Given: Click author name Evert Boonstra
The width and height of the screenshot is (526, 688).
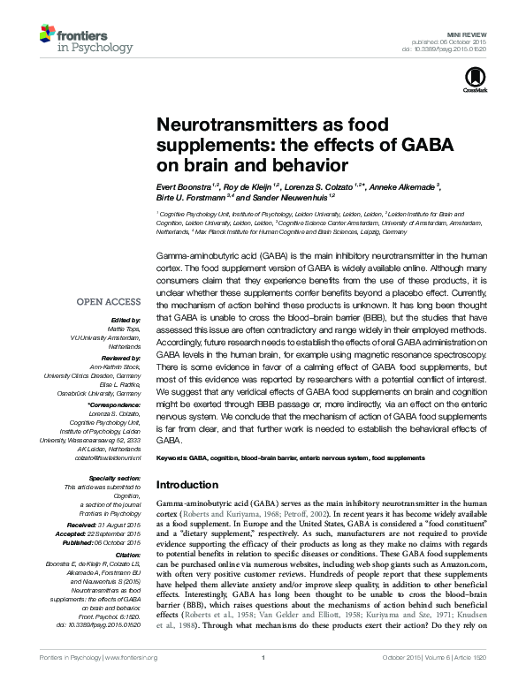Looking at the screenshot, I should click(x=183, y=187).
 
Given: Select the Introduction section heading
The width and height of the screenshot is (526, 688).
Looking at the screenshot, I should click(x=192, y=486).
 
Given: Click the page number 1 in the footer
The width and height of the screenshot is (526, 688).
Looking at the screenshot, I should click(x=263, y=681).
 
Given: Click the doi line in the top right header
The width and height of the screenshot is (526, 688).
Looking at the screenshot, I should click(x=456, y=49).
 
